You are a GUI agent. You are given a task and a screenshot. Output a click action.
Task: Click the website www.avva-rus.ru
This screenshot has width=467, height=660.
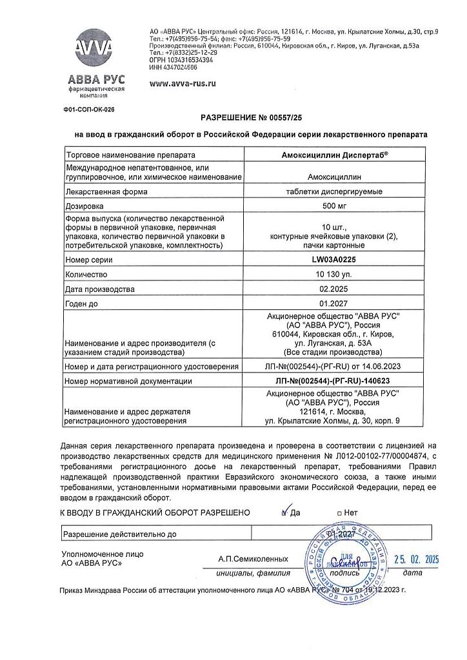183,84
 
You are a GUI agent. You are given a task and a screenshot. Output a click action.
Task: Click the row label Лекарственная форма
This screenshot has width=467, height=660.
106,191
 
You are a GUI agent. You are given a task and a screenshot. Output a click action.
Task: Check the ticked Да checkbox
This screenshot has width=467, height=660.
284,513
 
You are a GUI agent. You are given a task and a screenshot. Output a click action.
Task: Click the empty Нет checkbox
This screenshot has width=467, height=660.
340,514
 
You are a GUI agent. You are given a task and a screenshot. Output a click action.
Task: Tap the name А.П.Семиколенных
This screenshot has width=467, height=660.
253,559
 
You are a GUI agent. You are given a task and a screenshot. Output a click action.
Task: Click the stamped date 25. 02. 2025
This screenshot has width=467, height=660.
416,559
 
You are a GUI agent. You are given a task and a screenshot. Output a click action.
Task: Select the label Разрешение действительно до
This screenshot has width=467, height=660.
119,534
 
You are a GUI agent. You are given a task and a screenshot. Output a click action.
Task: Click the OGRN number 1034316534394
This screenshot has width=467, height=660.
176,59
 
